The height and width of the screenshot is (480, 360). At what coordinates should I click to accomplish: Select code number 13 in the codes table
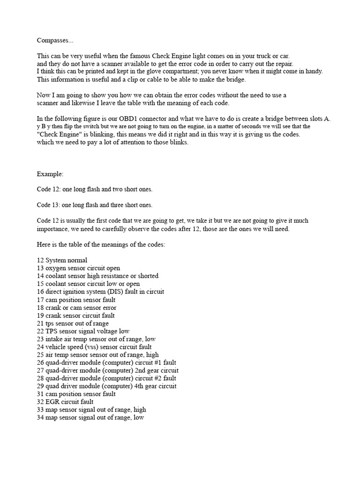[40, 268]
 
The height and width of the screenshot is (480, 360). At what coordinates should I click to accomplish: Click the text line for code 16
[100, 292]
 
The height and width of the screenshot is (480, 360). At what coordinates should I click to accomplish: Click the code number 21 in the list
[40, 323]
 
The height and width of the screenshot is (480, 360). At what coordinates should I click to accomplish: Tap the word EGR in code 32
[53, 402]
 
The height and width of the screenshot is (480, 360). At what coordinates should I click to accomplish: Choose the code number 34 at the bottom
[40, 418]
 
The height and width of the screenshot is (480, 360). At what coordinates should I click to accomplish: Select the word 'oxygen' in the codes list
[56, 268]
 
